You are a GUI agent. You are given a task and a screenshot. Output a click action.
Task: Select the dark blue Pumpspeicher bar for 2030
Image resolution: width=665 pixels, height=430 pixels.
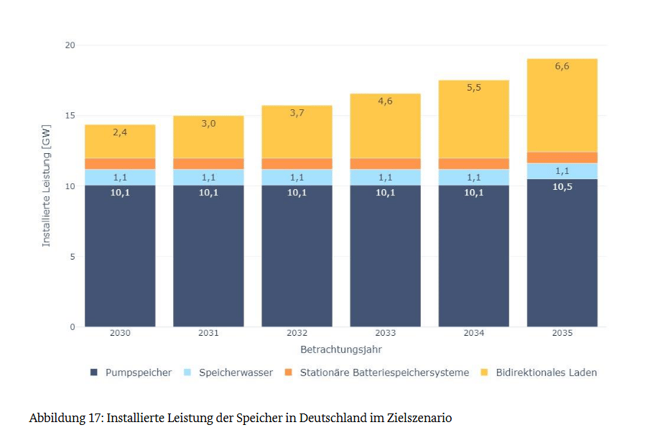pos(120,255)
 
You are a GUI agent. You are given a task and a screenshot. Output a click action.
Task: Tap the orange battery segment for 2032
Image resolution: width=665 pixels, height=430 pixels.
pos(297,163)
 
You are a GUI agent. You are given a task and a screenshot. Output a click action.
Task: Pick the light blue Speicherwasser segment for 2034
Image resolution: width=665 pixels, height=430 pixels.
pos(474,177)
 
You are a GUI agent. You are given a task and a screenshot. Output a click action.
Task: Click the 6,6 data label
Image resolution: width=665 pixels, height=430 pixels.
pos(562,66)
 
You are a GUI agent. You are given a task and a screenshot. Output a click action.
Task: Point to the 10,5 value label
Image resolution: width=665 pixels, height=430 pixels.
pos(562,186)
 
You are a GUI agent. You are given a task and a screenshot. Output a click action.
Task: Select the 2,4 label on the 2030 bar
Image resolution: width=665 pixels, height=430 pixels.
pos(120,132)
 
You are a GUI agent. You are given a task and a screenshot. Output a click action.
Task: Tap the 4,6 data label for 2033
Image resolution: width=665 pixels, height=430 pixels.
pos(386,101)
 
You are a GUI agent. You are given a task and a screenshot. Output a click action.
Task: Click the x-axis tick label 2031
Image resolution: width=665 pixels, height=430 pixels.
pos(208,334)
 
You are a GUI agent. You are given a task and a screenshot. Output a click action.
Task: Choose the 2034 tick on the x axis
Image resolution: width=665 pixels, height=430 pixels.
pos(474,334)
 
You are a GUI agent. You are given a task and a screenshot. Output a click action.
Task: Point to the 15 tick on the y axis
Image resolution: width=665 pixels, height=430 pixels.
pos(70,116)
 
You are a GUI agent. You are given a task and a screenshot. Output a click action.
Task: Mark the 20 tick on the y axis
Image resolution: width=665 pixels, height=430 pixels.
pos(70,45)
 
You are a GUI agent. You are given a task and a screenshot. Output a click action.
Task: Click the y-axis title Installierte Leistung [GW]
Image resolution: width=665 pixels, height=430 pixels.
pos(47,186)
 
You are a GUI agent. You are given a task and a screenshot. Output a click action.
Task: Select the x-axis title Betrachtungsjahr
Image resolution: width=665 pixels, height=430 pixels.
pos(341,349)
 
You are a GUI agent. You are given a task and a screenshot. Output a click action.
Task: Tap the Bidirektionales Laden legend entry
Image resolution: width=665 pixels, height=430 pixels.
pos(546,372)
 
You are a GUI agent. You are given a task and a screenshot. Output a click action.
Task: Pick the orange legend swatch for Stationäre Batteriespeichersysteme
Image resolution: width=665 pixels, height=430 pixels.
pos(289,372)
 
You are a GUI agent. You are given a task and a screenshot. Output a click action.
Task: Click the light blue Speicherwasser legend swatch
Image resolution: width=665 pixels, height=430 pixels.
pos(188,372)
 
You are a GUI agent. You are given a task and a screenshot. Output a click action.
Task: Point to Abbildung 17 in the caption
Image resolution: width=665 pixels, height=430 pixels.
pos(65,418)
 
